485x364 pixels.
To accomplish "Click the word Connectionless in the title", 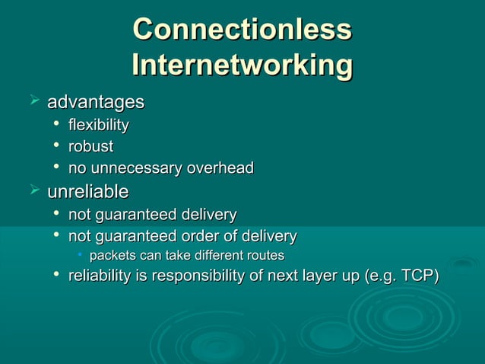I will click(x=242, y=30).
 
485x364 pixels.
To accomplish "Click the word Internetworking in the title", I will click(x=242, y=65).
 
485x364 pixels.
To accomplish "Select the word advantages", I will click(x=96, y=101).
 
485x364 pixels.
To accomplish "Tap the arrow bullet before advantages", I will click(x=33, y=100).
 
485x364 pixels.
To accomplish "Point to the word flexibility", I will click(x=99, y=125).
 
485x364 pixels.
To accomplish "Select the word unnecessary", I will click(x=132, y=168).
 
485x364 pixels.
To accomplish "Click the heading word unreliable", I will click(x=88, y=191).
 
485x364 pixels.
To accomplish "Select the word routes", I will click(x=262, y=255).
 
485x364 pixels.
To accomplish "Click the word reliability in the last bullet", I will click(x=98, y=275).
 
